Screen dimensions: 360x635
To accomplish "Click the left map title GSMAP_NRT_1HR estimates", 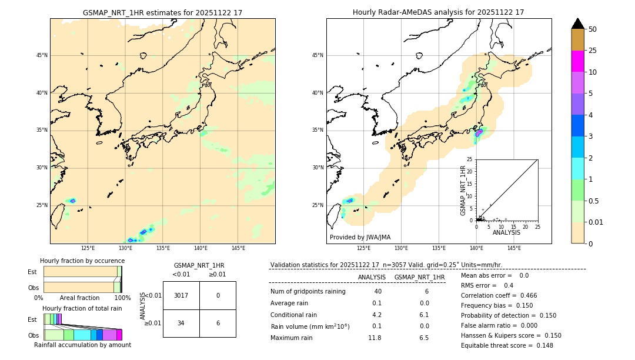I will click(162, 13).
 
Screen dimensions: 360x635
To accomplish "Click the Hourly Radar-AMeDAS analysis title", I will click(438, 12).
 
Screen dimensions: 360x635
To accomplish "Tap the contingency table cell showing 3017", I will click(181, 295).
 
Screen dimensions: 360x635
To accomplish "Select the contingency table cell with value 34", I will click(181, 323).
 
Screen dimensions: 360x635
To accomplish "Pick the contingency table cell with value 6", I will click(218, 323).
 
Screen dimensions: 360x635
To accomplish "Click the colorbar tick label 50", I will click(593, 29).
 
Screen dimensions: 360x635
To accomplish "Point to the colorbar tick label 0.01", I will click(596, 222).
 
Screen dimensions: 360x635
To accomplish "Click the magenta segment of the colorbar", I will click(577, 61).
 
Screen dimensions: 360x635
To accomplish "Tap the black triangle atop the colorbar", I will click(577, 24).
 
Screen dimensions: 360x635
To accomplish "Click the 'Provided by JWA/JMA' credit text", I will click(360, 238).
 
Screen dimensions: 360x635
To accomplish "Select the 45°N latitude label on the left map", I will click(42, 55).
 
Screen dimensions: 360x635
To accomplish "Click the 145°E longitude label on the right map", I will click(514, 249).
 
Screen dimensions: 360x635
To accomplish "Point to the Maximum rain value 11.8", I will click(375, 338).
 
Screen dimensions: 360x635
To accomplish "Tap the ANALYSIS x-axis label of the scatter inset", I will click(506, 232).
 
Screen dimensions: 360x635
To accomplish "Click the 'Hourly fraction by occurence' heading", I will click(81, 261).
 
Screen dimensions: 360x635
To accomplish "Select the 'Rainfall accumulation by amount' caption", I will click(82, 345).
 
